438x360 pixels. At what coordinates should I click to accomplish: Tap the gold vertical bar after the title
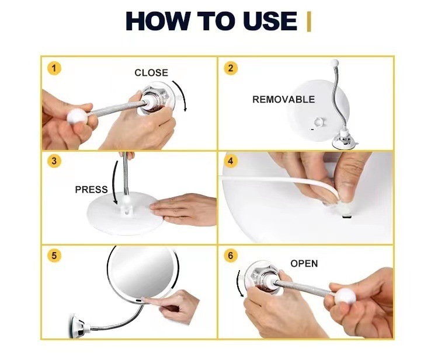coord(309,22)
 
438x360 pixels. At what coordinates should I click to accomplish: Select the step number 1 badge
coord(54,68)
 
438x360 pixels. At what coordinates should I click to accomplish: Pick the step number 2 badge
coord(231,68)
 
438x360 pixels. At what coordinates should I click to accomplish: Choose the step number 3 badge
coord(54,161)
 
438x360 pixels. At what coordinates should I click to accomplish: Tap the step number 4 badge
coord(231,161)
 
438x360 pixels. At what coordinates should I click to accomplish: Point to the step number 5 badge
coord(54,256)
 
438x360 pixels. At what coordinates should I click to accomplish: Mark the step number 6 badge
coord(231,256)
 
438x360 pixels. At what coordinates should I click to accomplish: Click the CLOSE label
coord(151,72)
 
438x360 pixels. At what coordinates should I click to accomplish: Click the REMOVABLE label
coord(283,99)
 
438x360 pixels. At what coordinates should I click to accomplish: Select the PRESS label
coord(91,190)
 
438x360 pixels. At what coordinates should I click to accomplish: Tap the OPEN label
coord(304,264)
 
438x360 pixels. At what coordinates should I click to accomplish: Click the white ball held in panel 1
coord(77,116)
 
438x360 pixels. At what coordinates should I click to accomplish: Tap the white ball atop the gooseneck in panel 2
coord(334,62)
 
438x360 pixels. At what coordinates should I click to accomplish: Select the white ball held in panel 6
coord(346,296)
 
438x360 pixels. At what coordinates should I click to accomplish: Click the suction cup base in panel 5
coord(78,326)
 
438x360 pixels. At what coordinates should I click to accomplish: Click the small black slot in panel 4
coord(347,216)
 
